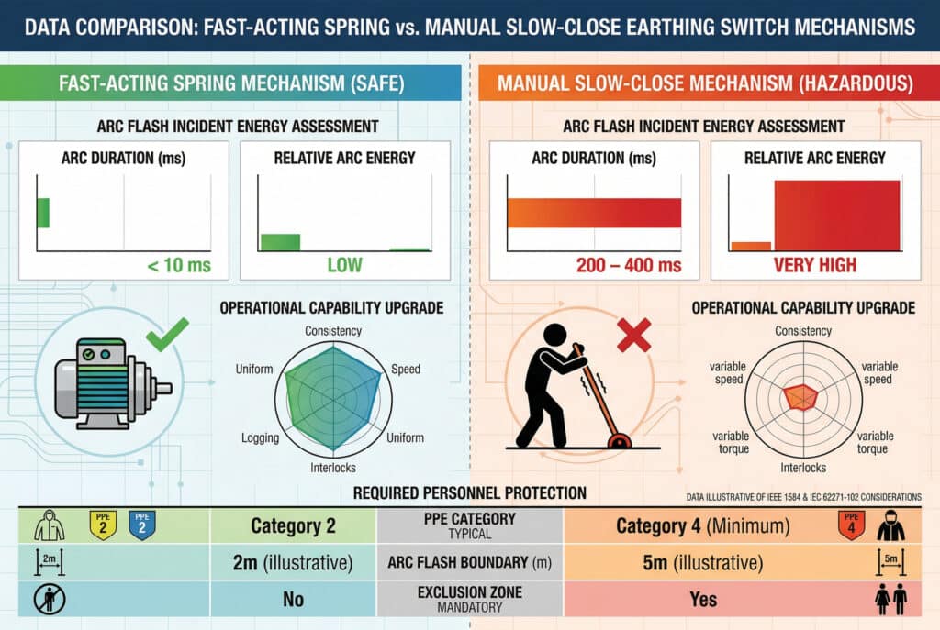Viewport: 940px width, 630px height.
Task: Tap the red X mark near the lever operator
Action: [634, 335]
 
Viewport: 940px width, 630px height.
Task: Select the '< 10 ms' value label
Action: [179, 265]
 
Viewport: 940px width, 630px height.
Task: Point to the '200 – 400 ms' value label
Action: [629, 265]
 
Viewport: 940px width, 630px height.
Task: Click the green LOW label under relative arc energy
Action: [345, 265]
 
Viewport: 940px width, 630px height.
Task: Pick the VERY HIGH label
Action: [815, 265]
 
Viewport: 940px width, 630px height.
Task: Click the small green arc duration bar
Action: [43, 213]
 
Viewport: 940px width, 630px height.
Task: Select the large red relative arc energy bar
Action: [837, 216]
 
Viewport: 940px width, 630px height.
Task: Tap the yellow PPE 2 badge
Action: [103, 525]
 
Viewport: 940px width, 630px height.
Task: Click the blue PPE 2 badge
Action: [142, 525]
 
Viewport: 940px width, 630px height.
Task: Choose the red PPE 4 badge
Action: [851, 525]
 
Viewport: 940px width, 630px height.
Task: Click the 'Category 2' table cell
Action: [293, 525]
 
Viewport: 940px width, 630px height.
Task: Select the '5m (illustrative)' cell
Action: [702, 563]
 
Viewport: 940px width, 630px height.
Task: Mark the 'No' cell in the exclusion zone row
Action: [293, 599]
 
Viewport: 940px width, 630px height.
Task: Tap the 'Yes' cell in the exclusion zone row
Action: [703, 599]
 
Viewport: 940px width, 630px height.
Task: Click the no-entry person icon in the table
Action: [50, 599]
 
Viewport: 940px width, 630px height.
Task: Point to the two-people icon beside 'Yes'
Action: [890, 599]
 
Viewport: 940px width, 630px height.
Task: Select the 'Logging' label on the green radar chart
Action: [260, 437]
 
